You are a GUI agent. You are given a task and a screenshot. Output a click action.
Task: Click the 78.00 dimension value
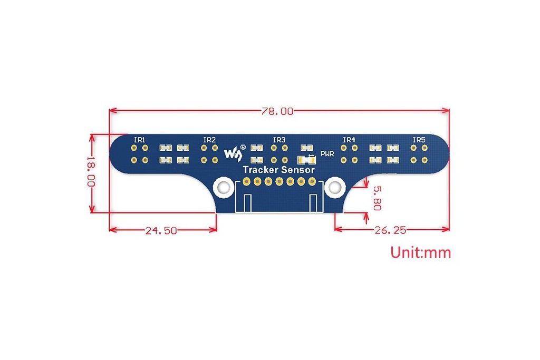point(277,111)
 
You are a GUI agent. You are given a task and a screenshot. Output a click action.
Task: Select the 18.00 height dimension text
point(91,171)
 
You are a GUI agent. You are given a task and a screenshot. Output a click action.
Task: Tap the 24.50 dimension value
point(161,230)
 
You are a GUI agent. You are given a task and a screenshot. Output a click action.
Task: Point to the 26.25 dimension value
point(390,230)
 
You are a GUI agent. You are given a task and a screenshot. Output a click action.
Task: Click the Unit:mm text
point(420,252)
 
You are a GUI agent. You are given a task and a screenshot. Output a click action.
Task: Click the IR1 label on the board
point(139,140)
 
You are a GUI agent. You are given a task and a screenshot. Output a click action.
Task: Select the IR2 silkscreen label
point(209,140)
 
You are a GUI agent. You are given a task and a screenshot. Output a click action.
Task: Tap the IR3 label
point(279,140)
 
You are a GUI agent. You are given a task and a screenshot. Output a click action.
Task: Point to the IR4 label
point(349,140)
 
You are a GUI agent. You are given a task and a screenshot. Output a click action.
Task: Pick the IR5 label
point(419,140)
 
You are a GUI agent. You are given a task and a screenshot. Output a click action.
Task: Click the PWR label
point(327,154)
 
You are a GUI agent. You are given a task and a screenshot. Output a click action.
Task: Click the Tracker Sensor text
point(278,170)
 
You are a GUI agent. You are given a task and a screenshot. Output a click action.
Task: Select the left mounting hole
point(224,188)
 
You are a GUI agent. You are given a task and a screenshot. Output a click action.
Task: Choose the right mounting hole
point(335,188)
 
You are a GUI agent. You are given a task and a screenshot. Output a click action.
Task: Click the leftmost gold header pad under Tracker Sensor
point(246,181)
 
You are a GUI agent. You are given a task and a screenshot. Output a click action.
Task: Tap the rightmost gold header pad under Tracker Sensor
point(312,181)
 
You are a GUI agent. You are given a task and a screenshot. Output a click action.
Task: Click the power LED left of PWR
point(306,160)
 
